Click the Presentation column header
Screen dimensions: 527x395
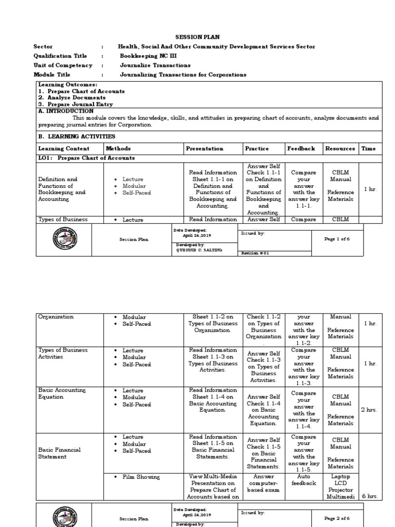204,149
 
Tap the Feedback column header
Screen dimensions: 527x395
301,149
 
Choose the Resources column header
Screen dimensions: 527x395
340,149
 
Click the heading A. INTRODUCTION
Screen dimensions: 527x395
66,111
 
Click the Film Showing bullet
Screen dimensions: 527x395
140,478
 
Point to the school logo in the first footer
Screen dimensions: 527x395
64,239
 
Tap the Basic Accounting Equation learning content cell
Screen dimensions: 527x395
62,394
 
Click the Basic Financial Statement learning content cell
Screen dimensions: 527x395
60,453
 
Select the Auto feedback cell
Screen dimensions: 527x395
303,480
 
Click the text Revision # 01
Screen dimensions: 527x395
255,253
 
